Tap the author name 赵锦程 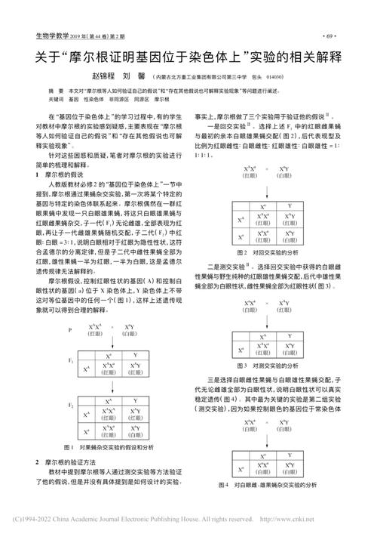106,77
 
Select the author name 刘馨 138,77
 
